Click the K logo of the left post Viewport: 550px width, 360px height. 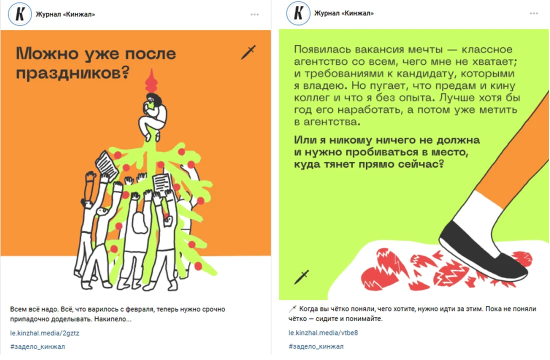point(20,14)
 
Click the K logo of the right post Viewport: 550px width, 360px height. point(298,13)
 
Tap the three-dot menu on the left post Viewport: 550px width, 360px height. point(254,14)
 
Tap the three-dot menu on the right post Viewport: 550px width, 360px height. point(533,13)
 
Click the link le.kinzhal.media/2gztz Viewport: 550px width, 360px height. point(44,333)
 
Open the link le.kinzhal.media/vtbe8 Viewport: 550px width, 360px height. point(323,332)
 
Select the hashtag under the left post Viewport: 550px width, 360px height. point(37,346)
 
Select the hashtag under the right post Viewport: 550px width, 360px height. point(315,346)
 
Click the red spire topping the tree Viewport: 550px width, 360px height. point(151,81)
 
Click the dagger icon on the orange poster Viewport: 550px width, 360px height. point(248,52)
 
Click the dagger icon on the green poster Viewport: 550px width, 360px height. point(301,277)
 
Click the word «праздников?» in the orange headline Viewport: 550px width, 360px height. point(72,73)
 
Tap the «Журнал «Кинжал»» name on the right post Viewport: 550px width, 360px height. point(344,13)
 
